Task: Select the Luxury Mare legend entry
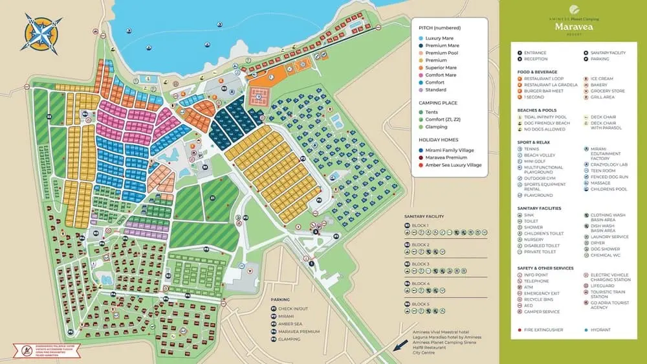(x=439, y=39)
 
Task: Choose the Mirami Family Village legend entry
(x=449, y=150)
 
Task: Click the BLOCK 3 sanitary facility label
(x=421, y=264)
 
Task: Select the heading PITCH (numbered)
(x=441, y=28)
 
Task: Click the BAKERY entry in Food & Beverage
(x=598, y=85)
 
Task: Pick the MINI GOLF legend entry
(x=536, y=161)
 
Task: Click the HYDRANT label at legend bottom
(x=600, y=330)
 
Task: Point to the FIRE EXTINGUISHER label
(x=543, y=330)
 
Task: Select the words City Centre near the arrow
(x=427, y=352)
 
